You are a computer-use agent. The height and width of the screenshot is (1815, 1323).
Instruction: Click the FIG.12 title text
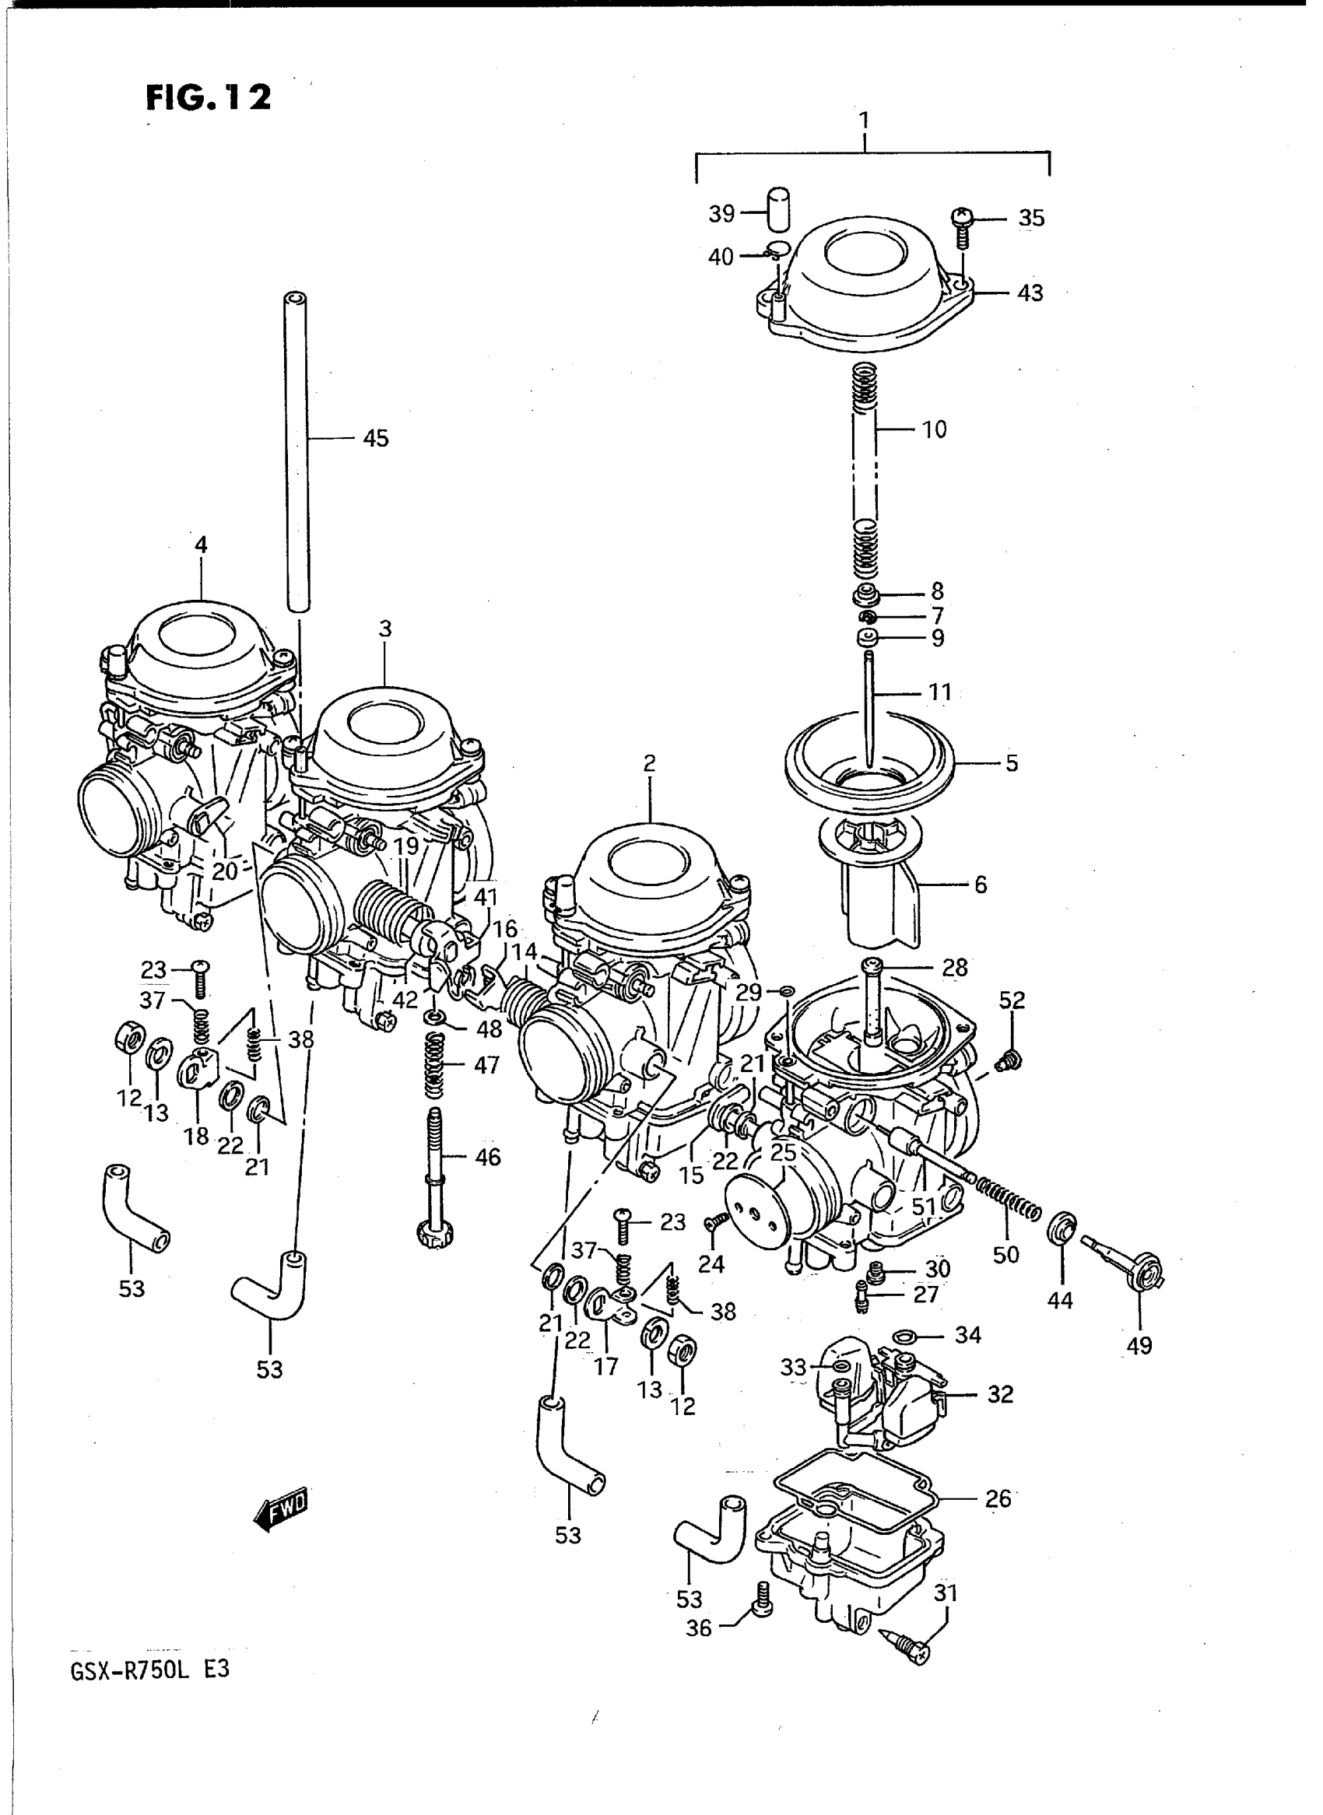[209, 98]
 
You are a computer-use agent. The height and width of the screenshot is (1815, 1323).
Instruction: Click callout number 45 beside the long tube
[375, 438]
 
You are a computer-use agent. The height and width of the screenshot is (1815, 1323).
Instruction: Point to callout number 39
[721, 214]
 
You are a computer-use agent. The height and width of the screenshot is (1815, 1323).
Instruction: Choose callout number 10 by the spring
[934, 429]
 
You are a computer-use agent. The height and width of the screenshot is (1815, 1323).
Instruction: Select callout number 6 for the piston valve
[980, 885]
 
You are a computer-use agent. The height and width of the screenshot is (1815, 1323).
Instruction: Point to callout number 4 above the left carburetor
[200, 545]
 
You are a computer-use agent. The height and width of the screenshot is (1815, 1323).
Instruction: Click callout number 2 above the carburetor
[649, 763]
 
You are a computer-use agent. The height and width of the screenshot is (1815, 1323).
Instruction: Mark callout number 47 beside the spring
[486, 1065]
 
